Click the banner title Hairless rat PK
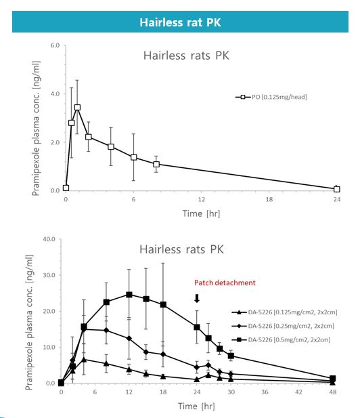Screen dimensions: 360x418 [x=180, y=22]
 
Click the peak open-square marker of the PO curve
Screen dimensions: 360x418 [x=77, y=108]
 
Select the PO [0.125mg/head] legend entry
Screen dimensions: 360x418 [x=271, y=97]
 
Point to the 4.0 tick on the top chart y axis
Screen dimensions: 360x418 [x=55, y=94]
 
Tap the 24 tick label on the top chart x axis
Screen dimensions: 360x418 [x=337, y=199]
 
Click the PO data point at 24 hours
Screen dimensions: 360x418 [x=336, y=189]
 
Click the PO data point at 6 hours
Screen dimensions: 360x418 [x=134, y=157]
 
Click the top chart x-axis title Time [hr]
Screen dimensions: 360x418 [x=201, y=213]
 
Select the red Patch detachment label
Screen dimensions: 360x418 [x=225, y=283]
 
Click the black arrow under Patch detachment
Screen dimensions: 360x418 [x=197, y=298]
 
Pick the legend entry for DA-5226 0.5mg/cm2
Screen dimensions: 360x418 [x=281, y=339]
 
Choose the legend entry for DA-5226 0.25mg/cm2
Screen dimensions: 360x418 [x=282, y=326]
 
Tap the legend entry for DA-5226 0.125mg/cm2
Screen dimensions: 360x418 [x=284, y=312]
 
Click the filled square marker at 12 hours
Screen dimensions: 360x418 [x=129, y=295]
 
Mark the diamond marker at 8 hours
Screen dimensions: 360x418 [x=106, y=331]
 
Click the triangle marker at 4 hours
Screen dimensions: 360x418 [x=84, y=360]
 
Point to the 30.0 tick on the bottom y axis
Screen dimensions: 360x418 [x=49, y=275]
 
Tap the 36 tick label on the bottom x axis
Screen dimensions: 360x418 [x=265, y=392]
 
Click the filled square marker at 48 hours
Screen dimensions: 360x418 [x=332, y=379]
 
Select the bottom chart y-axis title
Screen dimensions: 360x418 [x=28, y=322]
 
